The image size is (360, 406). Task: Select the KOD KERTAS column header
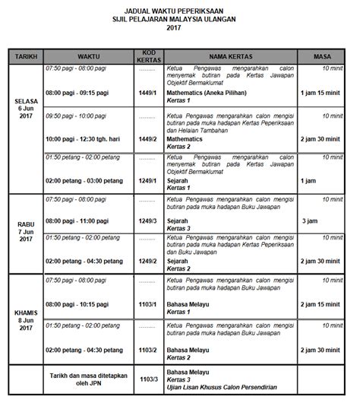click(x=144, y=56)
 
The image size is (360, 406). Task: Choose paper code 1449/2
click(x=144, y=139)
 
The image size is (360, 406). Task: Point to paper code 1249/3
click(x=144, y=220)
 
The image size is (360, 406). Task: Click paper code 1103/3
click(x=144, y=377)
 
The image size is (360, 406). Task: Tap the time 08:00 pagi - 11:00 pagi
click(x=79, y=220)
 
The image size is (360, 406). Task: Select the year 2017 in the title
click(x=179, y=27)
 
